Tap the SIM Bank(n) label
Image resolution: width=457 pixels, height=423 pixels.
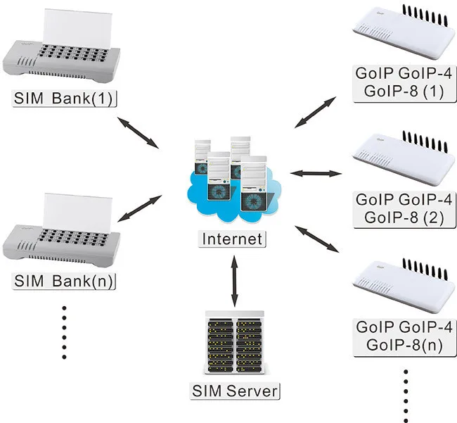[x=64, y=282]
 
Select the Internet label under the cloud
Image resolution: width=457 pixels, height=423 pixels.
[x=232, y=239]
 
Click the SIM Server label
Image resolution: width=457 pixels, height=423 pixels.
[x=235, y=391]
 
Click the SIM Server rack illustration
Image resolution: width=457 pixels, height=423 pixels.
[x=235, y=343]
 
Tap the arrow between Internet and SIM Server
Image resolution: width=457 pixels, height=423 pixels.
[x=234, y=282]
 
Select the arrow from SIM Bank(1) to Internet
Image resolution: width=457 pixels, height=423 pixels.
[x=138, y=133]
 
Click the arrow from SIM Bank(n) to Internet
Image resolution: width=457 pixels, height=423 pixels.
[x=140, y=208]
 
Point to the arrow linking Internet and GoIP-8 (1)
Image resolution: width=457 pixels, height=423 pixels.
[x=316, y=113]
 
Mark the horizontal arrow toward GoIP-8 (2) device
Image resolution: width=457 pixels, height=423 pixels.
[x=316, y=174]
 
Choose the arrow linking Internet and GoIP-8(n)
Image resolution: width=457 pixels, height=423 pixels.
[x=317, y=239]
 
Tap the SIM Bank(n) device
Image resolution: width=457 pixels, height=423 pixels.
[x=61, y=230]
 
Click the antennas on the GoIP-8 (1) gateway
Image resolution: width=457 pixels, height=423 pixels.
[x=425, y=15]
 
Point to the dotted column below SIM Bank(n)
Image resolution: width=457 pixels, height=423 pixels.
[x=65, y=332]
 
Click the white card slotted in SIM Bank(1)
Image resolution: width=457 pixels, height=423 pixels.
[x=77, y=29]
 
